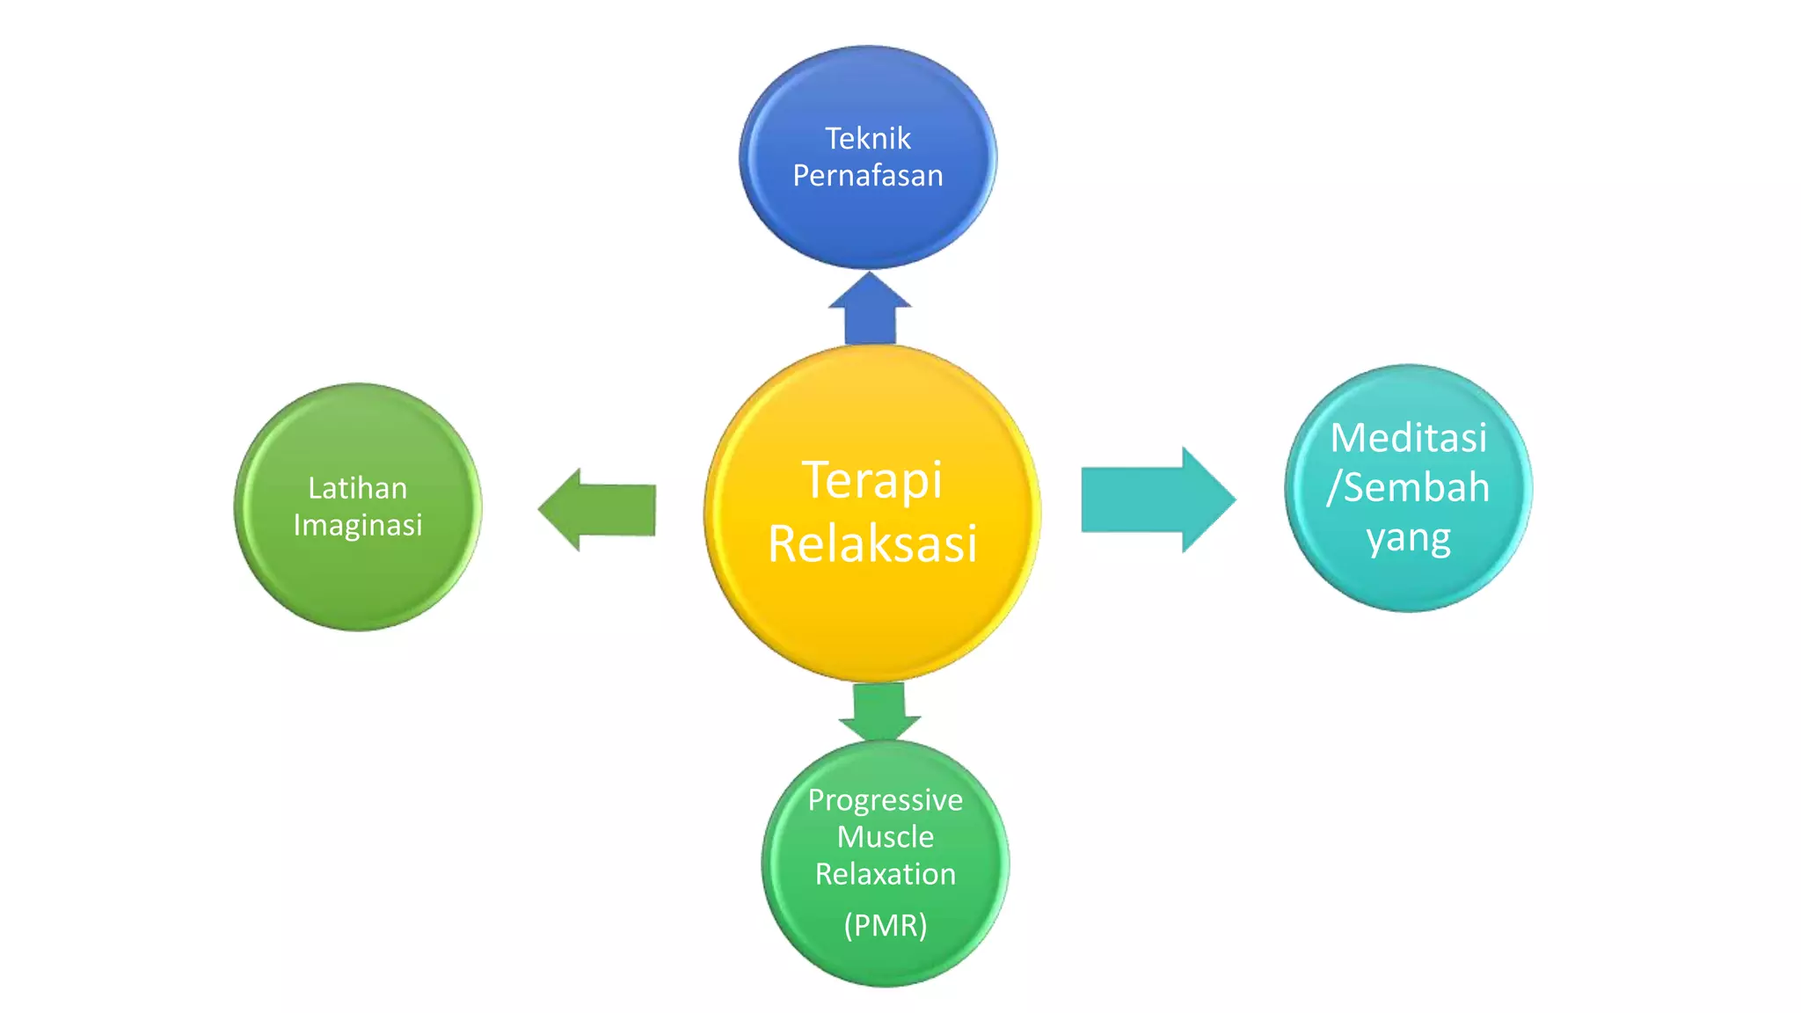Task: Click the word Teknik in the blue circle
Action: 867,138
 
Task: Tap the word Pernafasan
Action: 867,176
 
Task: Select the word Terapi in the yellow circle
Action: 871,481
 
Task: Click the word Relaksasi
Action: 871,543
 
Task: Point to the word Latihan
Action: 357,488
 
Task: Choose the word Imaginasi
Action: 357,525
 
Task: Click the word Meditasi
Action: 1408,438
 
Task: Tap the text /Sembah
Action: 1408,487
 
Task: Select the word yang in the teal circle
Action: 1408,538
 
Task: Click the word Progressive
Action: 885,800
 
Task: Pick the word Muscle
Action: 885,837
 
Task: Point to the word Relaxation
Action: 885,874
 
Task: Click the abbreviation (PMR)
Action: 885,925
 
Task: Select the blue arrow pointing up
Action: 870,312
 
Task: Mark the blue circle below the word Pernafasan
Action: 867,224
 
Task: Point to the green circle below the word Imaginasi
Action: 357,580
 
